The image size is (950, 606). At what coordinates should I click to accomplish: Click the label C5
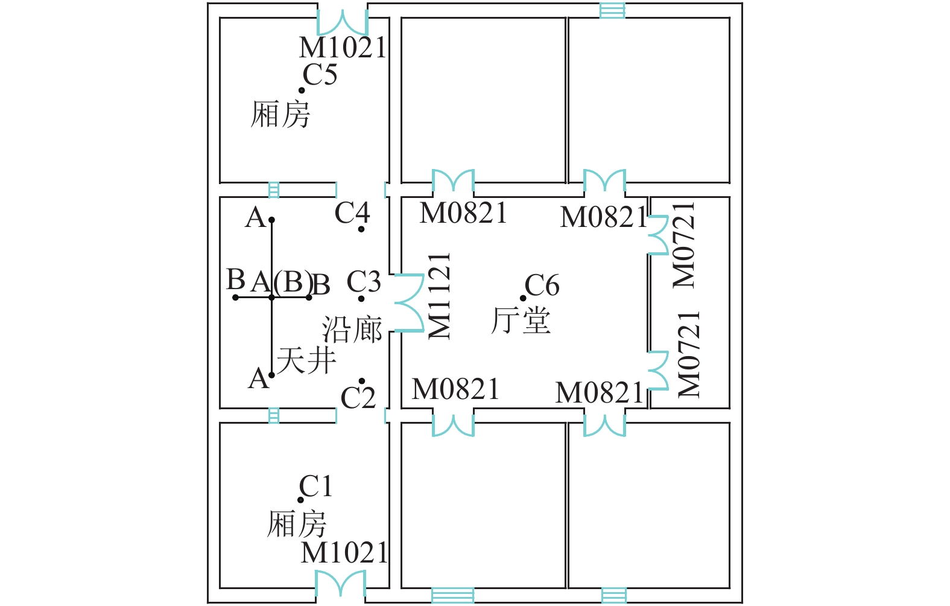(x=320, y=75)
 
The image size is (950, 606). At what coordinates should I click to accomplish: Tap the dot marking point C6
(x=523, y=298)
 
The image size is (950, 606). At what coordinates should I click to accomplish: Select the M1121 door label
(x=439, y=296)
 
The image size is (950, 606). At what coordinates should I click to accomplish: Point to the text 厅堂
(x=521, y=321)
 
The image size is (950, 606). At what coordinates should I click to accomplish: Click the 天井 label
(x=306, y=361)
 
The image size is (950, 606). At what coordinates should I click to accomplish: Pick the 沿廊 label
(x=352, y=330)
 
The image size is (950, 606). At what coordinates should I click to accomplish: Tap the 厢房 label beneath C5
(x=280, y=114)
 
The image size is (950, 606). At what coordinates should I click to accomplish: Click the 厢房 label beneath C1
(x=297, y=523)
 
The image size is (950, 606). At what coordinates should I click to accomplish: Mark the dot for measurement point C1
(x=300, y=500)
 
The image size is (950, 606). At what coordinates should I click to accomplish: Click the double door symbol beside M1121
(x=408, y=303)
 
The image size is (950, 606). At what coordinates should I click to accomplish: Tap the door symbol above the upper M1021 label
(x=342, y=22)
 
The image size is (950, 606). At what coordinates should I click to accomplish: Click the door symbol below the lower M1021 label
(x=340, y=584)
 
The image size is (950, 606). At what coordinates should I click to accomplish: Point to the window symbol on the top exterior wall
(x=612, y=10)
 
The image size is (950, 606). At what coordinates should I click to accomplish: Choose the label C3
(x=364, y=282)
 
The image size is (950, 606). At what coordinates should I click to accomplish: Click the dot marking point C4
(x=361, y=229)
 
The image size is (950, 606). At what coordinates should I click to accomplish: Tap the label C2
(x=358, y=398)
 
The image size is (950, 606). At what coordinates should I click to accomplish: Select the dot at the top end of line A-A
(x=272, y=220)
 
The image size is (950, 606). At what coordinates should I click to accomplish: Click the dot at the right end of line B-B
(x=309, y=297)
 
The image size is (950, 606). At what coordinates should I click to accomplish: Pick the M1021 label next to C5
(x=343, y=48)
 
